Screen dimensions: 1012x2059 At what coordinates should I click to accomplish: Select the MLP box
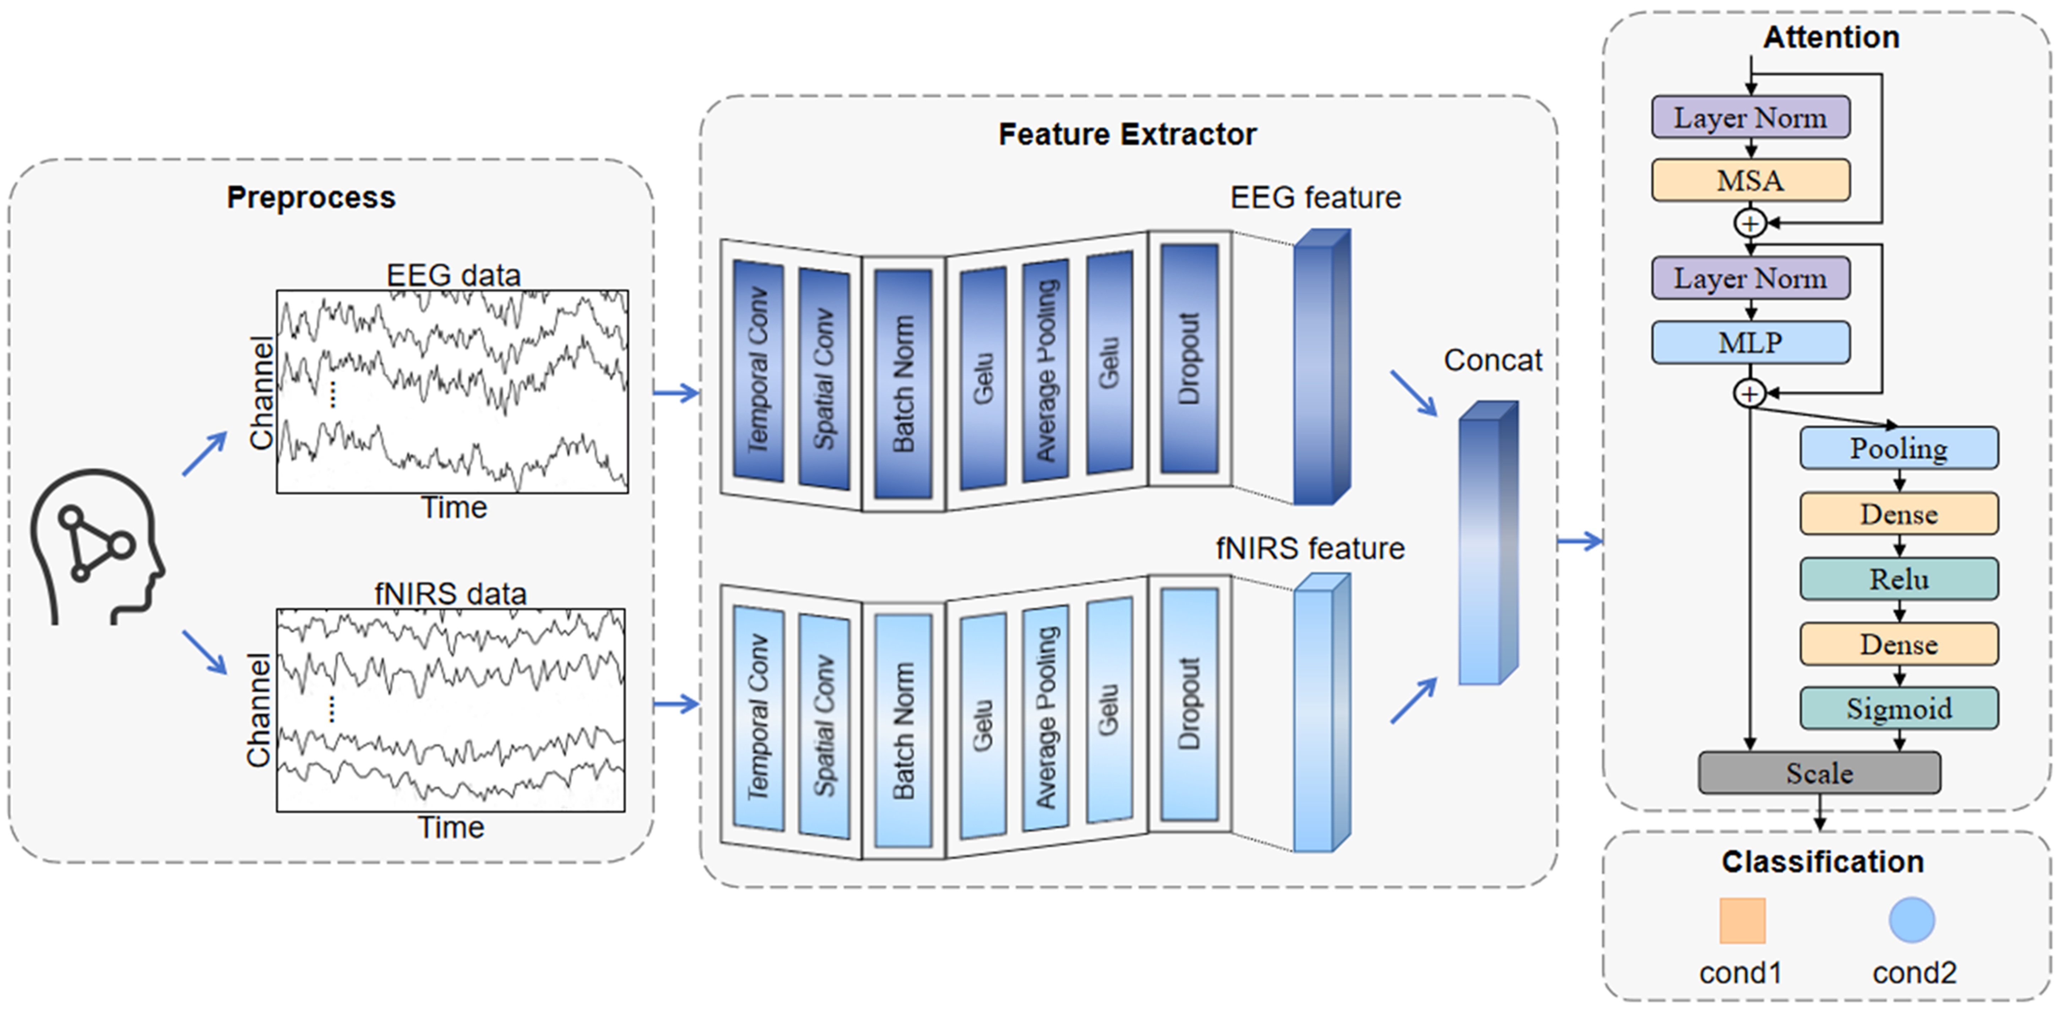pos(1750,342)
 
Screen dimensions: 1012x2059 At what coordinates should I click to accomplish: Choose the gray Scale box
pos(1819,773)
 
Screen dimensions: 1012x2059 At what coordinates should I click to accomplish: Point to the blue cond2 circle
pos(1912,920)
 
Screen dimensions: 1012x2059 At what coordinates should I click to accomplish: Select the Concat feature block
pos(1487,544)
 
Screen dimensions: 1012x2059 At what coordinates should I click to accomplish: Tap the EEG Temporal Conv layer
pos(758,370)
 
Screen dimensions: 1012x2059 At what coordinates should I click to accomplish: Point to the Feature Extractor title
pos(1127,134)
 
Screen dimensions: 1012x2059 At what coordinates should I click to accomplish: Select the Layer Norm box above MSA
pos(1750,118)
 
